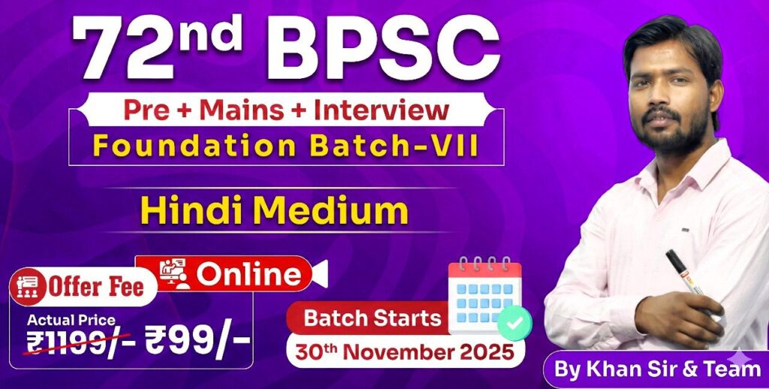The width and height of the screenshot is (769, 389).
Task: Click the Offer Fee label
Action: click(95, 287)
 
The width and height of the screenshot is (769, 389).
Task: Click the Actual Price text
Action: click(71, 320)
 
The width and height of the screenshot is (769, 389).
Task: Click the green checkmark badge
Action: click(514, 323)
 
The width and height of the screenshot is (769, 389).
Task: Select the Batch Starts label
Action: click(372, 318)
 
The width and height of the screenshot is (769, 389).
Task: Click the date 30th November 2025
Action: click(404, 351)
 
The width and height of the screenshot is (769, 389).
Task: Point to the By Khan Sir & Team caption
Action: click(657, 369)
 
